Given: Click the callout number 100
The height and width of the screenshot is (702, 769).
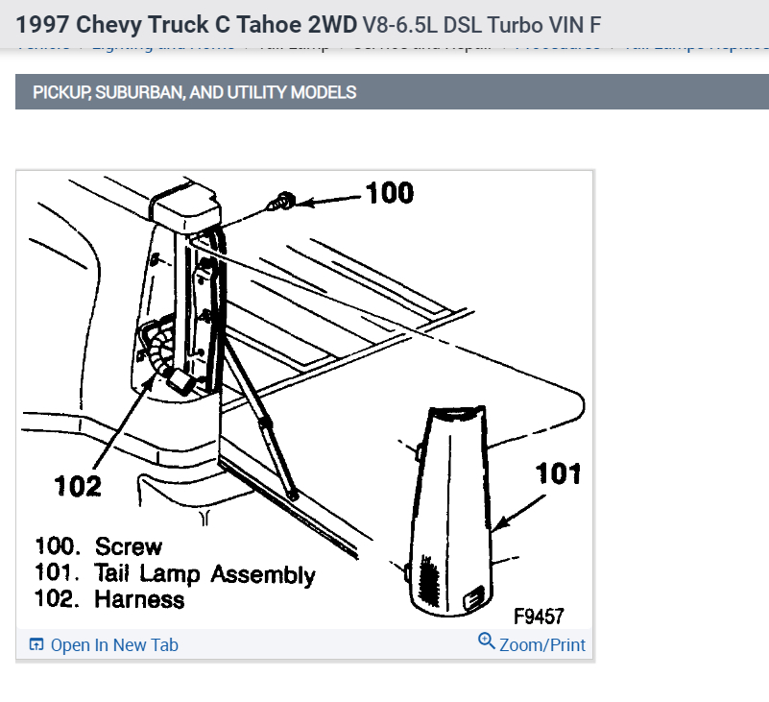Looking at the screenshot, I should pyautogui.click(x=390, y=193).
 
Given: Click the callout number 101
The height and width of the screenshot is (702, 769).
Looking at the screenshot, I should pyautogui.click(x=559, y=473).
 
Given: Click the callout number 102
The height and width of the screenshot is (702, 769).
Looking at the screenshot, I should pyautogui.click(x=78, y=485).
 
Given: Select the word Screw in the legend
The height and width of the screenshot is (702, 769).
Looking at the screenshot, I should pyautogui.click(x=129, y=547).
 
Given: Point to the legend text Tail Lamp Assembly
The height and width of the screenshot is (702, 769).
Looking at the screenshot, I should pyautogui.click(x=204, y=574).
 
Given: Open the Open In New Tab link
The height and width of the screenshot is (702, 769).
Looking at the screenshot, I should pyautogui.click(x=114, y=645).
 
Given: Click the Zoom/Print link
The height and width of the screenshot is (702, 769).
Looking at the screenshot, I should pyautogui.click(x=542, y=645).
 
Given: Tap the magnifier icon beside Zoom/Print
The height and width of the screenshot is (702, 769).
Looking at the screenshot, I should pyautogui.click(x=487, y=642).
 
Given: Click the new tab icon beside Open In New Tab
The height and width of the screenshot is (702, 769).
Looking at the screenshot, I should pyautogui.click(x=36, y=645).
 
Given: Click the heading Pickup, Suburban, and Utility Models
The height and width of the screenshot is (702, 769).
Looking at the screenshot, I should pyautogui.click(x=195, y=92).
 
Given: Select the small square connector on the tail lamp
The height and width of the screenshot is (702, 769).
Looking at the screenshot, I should pyautogui.click(x=473, y=599).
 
